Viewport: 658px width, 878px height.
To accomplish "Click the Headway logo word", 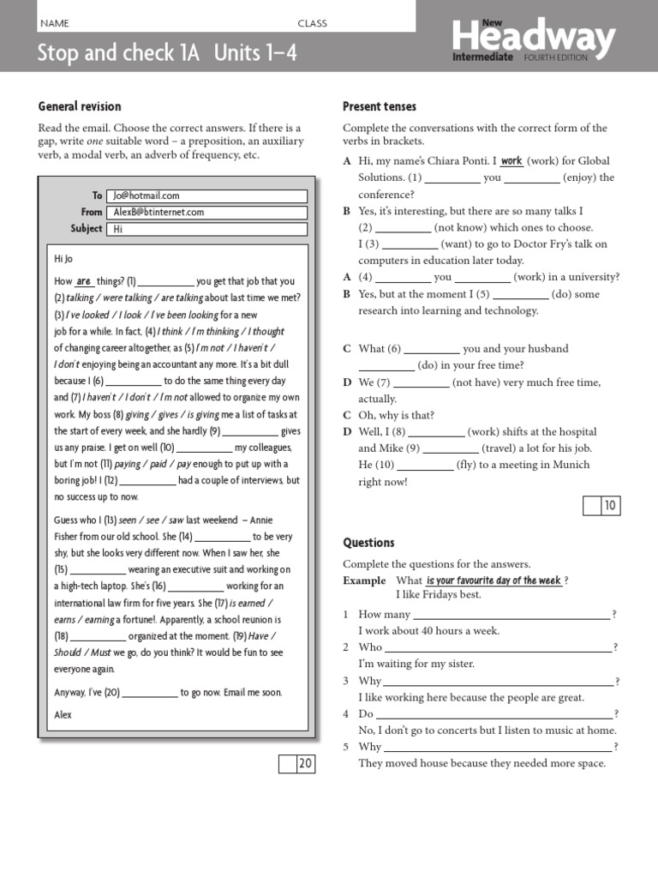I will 533,38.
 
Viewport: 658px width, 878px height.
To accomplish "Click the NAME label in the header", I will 54,23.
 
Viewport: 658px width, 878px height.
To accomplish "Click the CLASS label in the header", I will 312,23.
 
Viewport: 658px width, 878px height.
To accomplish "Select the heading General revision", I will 80,106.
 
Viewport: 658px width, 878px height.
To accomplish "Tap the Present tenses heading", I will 380,106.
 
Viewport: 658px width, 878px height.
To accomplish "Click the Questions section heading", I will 368,543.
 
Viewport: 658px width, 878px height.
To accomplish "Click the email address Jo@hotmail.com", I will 147,195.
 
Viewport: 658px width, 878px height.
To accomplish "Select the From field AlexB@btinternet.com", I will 159,212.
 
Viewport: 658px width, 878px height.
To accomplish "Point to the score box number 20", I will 305,764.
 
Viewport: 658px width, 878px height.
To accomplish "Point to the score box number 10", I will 610,506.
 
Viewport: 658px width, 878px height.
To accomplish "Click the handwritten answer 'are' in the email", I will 84,280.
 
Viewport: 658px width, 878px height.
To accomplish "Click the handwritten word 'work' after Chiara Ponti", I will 511,160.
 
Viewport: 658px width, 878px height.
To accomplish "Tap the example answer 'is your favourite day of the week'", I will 493,580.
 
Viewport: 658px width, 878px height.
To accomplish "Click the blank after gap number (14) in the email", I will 223,538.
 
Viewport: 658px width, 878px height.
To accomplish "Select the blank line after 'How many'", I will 511,615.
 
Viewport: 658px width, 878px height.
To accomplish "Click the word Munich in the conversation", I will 571,465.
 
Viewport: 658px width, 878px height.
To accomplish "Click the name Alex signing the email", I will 63,714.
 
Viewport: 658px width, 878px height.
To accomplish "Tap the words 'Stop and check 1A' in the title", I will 118,53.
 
